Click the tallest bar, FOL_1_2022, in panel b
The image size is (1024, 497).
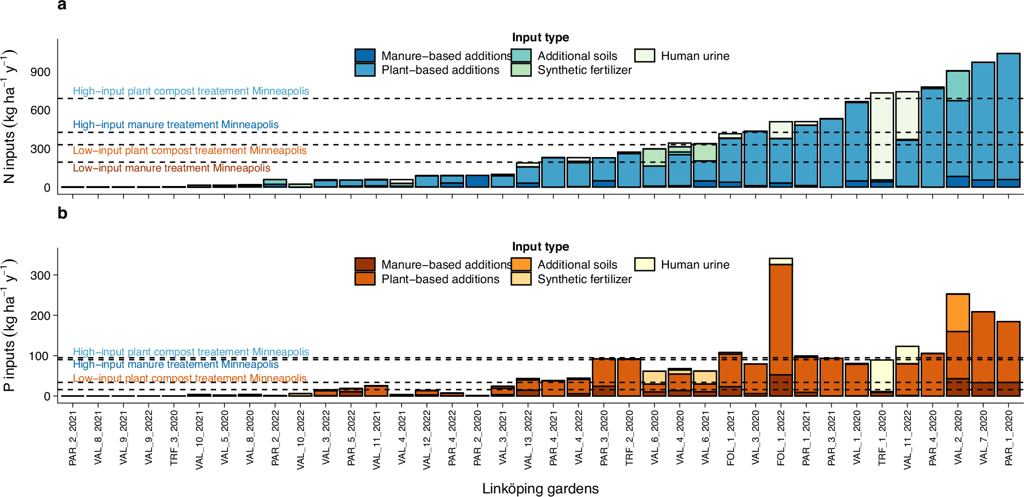(x=781, y=320)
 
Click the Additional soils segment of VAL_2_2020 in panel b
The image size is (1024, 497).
(x=957, y=313)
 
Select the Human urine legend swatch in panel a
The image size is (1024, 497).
(x=645, y=56)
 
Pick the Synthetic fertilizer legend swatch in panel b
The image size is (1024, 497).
(x=521, y=279)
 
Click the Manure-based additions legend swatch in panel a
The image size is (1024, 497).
(x=365, y=56)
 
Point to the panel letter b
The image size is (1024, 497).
(x=62, y=213)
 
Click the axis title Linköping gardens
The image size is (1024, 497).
(x=540, y=489)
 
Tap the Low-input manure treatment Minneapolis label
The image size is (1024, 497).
(x=171, y=168)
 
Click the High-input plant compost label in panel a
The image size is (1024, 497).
(x=191, y=91)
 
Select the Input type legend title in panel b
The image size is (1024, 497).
(x=540, y=246)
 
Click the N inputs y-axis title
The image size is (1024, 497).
(x=9, y=116)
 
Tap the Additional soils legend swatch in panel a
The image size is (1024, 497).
(x=521, y=56)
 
